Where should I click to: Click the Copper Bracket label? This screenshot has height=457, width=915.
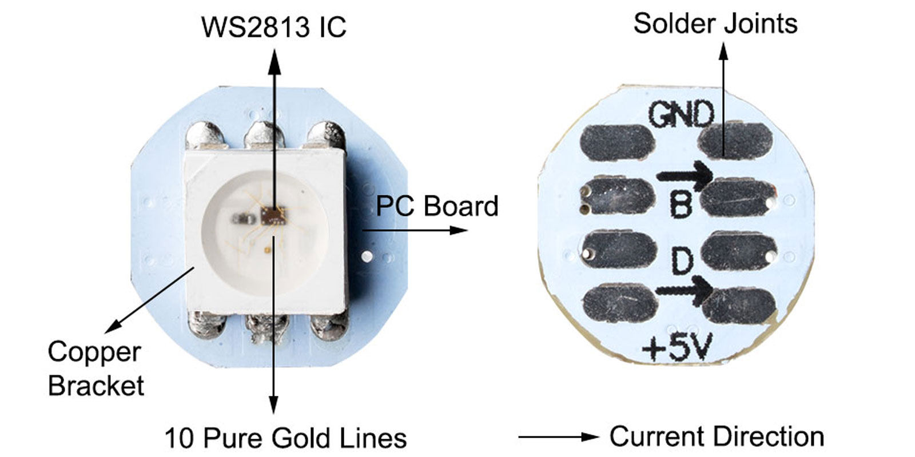tap(96, 368)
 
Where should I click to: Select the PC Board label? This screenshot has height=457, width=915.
tap(437, 206)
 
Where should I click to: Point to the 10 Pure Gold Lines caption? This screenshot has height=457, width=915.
tap(285, 438)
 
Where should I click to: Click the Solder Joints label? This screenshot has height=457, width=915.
tap(715, 23)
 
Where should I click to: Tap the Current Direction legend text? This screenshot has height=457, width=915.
tap(717, 436)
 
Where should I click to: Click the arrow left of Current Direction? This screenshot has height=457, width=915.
tap(558, 437)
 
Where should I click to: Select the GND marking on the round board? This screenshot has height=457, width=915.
tap(682, 115)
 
